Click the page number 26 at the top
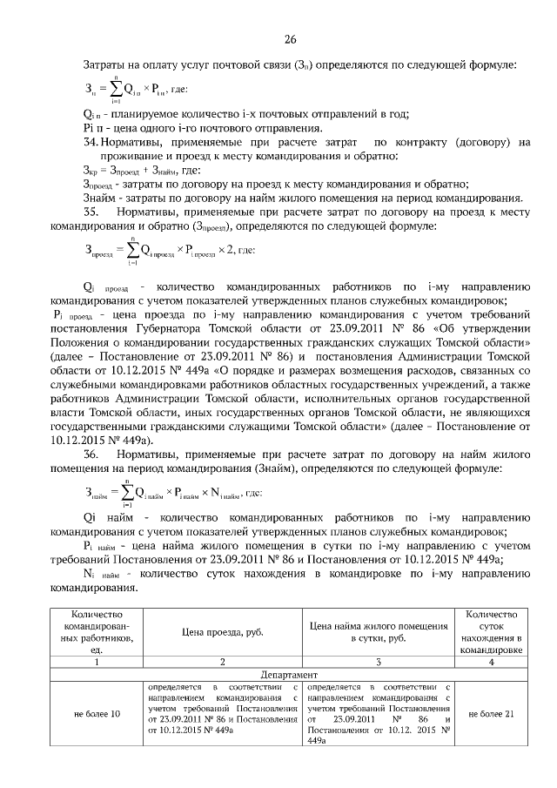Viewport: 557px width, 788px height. pos(291,38)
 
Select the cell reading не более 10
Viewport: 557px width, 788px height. pos(97,714)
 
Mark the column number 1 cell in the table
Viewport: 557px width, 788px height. pos(97,663)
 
